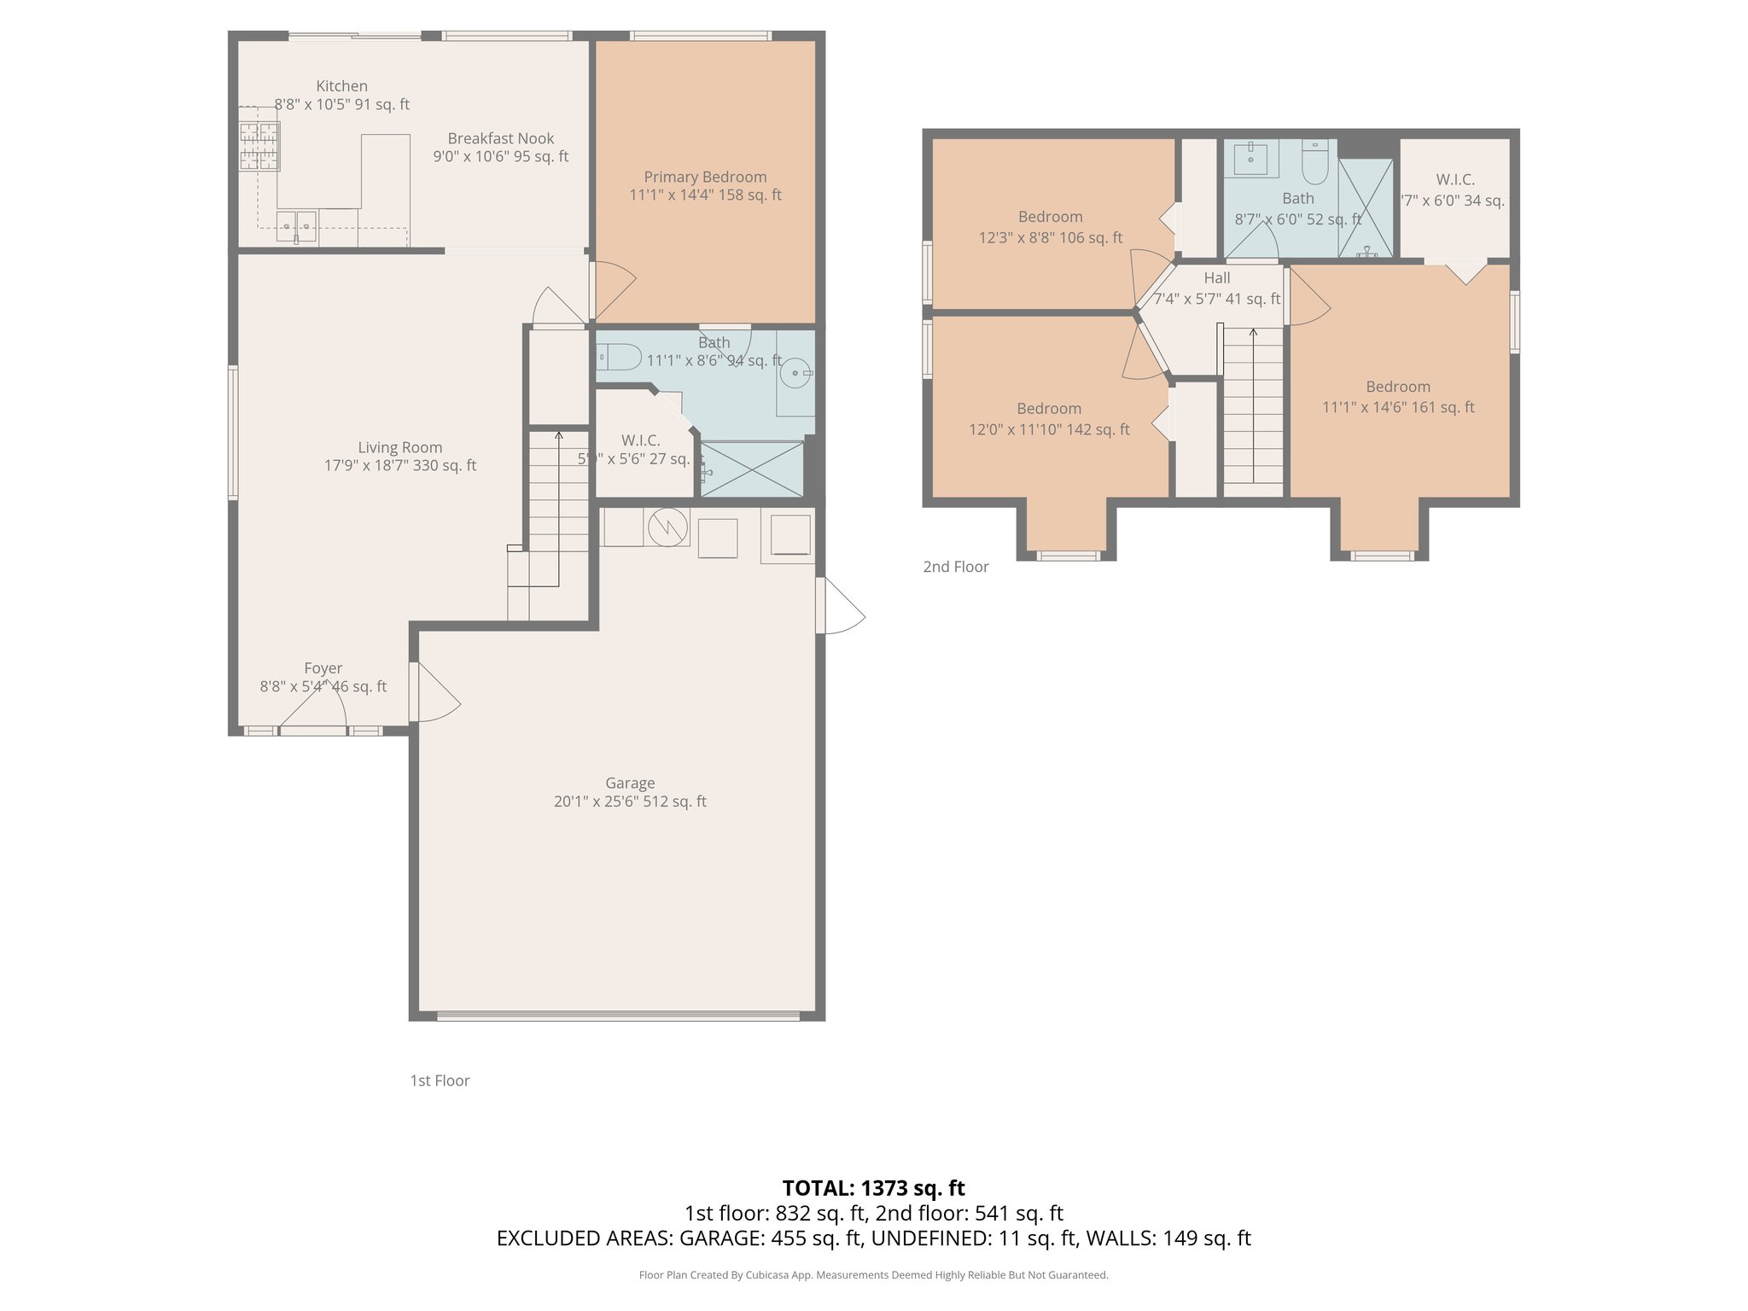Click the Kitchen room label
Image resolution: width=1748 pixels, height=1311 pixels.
tap(341, 86)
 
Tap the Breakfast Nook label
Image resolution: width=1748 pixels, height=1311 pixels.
tap(500, 138)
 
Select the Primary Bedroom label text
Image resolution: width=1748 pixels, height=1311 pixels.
tap(705, 177)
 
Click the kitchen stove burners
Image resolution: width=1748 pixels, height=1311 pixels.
tap(259, 146)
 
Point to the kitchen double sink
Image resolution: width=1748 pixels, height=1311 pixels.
tap(296, 226)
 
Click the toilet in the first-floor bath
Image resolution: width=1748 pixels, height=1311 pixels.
tap(618, 357)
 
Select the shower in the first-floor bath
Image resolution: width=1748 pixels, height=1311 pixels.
tap(752, 469)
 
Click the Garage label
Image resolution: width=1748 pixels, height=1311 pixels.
tap(630, 783)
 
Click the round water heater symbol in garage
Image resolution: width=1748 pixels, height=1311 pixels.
tap(668, 527)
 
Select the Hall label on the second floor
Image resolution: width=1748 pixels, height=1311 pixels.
tap(1217, 278)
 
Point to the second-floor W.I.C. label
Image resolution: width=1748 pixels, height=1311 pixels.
tap(1455, 180)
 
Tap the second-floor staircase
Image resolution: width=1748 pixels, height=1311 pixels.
tap(1253, 410)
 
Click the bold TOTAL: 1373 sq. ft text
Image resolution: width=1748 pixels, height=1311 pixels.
tap(873, 1188)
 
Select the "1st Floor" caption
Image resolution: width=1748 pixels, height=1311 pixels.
tap(440, 1081)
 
